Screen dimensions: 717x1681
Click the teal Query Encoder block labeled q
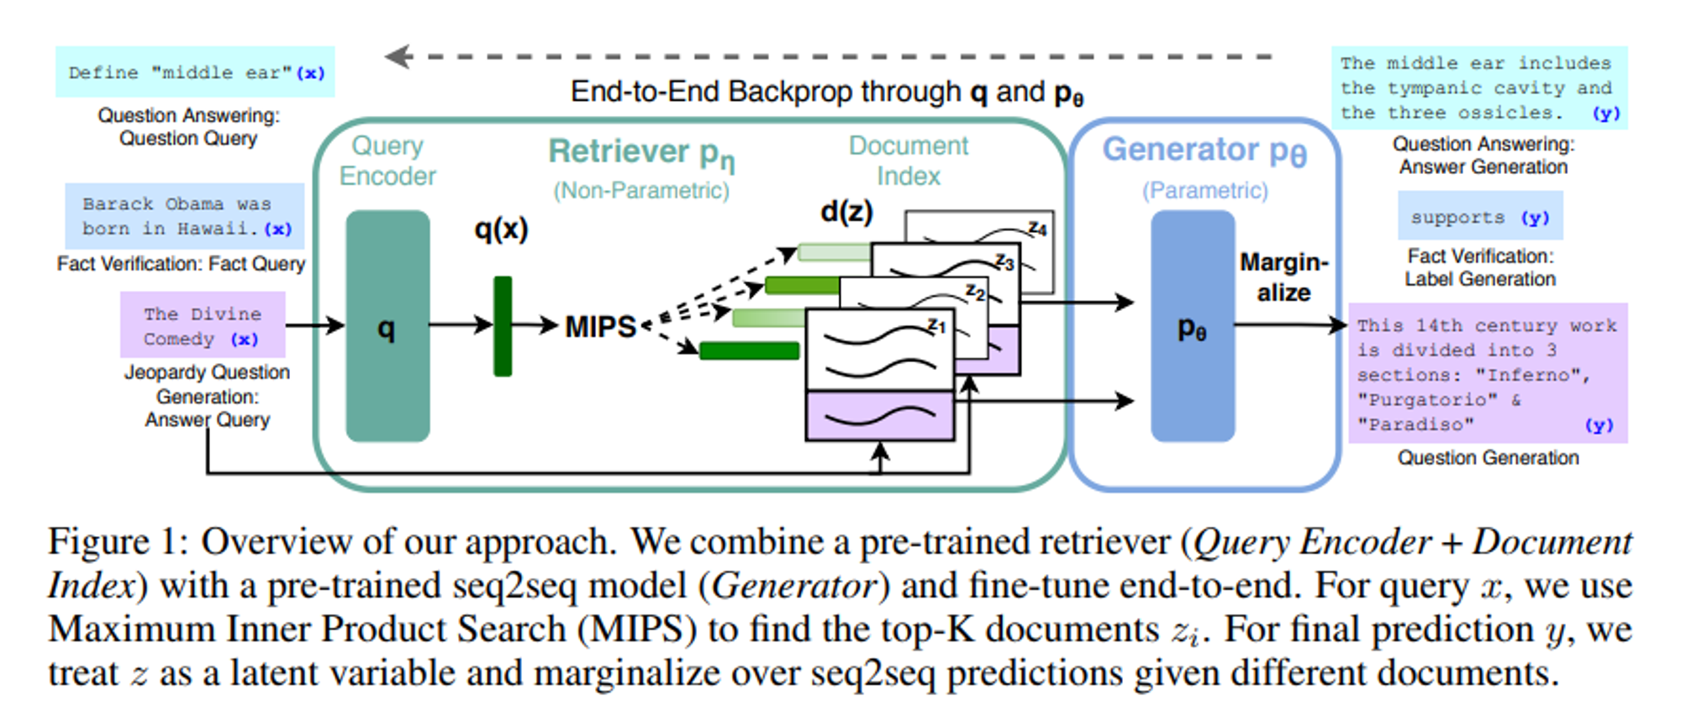coord(387,326)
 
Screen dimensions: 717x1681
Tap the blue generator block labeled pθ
coord(1192,326)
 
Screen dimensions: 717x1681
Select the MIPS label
coord(600,326)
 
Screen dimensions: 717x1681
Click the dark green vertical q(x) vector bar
coord(503,326)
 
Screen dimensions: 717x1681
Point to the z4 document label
coord(1037,229)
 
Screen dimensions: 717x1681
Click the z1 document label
coord(936,325)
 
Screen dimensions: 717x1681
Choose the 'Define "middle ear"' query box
coord(195,72)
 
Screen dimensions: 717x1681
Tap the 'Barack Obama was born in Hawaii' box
coord(185,216)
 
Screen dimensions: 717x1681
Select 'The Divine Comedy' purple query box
coord(203,325)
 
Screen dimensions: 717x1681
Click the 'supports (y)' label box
coord(1480,217)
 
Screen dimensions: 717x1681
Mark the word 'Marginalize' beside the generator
coord(1283,277)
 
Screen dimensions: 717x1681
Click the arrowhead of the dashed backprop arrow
coord(395,56)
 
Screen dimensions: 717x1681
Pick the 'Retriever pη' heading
coord(641,152)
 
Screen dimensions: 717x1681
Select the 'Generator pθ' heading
coord(1204,150)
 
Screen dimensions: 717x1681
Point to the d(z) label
coord(846,211)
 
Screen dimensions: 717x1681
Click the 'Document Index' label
coord(908,161)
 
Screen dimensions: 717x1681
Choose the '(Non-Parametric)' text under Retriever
coord(640,191)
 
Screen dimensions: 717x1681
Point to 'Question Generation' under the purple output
coord(1488,458)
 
